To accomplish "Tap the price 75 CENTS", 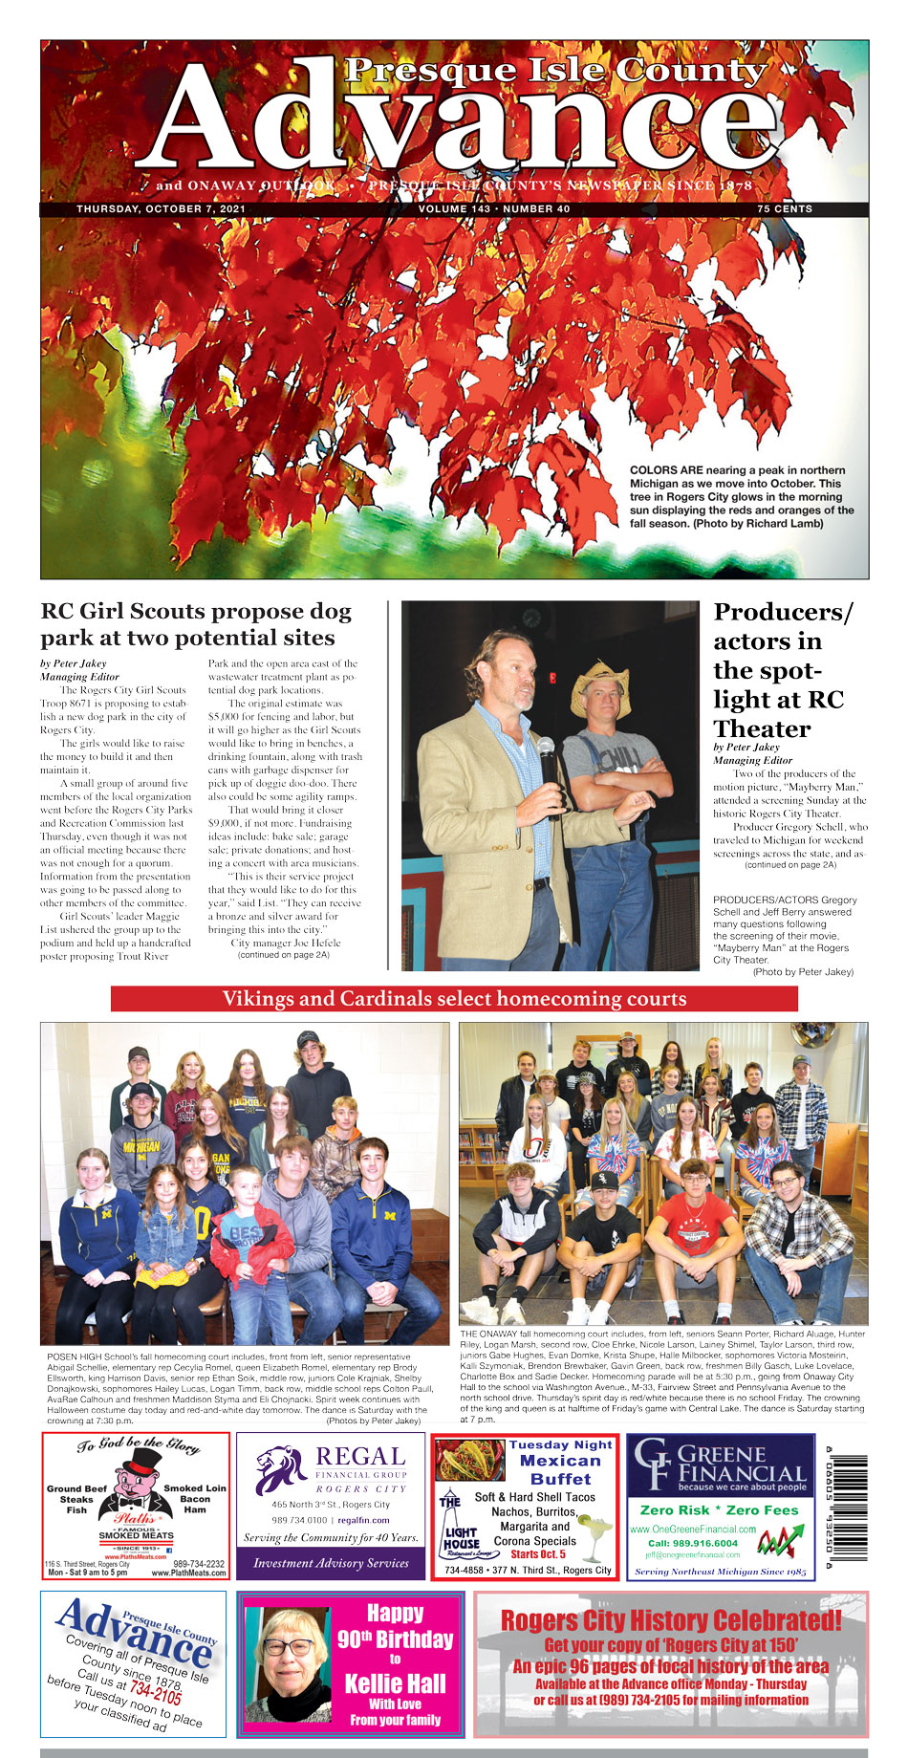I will click(784, 208).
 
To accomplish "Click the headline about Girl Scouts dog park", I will click(196, 624).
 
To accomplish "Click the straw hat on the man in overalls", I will click(600, 685).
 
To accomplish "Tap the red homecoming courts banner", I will click(454, 999).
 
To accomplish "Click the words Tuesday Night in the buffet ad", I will click(560, 1444).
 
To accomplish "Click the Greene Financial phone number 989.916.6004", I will click(692, 1543).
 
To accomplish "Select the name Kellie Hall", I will click(395, 1683).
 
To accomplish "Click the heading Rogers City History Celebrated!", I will click(671, 1620).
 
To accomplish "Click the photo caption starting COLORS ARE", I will click(742, 497).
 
